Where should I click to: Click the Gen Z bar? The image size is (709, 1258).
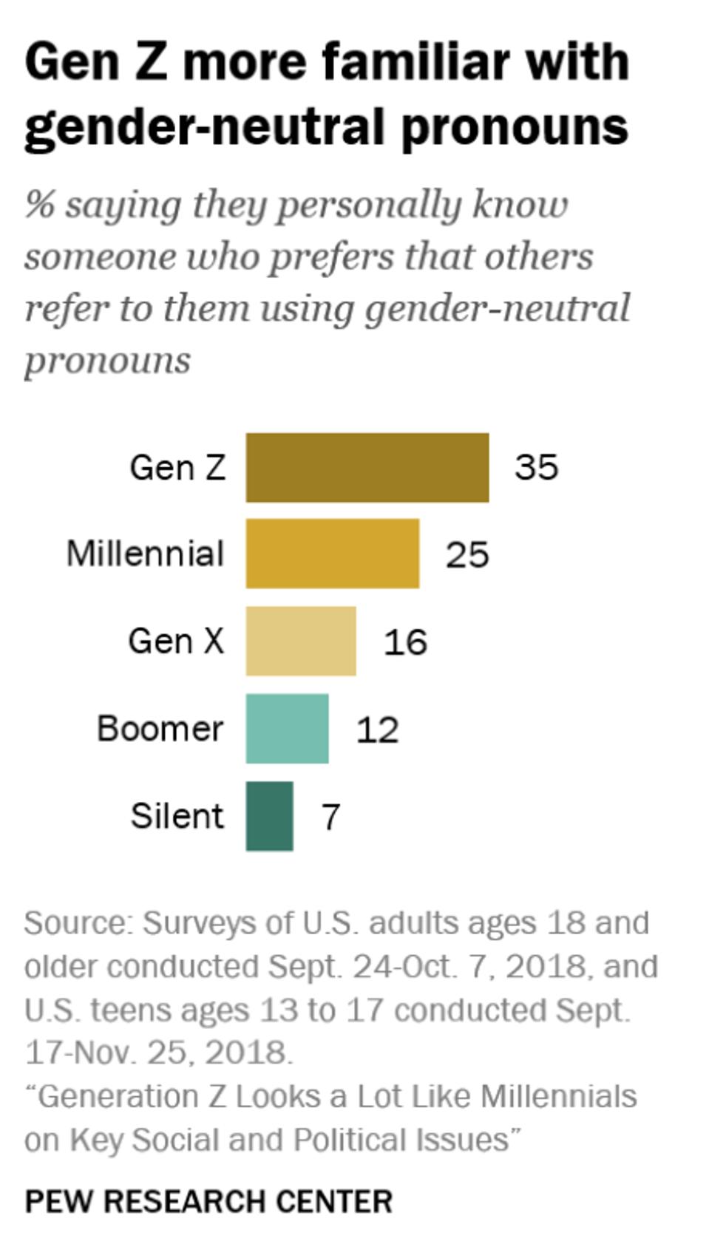click(x=367, y=467)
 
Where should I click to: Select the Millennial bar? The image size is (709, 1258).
click(x=332, y=554)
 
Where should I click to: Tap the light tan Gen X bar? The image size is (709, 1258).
click(x=300, y=641)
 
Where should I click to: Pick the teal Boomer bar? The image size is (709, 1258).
click(x=287, y=728)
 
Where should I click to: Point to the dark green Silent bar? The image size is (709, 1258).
click(x=269, y=816)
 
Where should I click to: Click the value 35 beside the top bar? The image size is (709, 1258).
click(x=536, y=467)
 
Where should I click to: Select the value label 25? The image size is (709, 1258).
click(x=467, y=554)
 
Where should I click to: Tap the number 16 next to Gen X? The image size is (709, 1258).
click(x=404, y=642)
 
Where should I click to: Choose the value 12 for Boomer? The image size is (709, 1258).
click(x=377, y=730)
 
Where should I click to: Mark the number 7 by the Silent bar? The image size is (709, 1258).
click(x=330, y=817)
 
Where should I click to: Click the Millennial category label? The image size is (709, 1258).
click(x=145, y=554)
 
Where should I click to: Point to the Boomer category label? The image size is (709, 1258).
click(x=160, y=729)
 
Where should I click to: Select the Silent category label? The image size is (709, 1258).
click(x=177, y=816)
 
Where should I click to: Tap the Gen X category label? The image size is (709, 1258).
click(x=176, y=641)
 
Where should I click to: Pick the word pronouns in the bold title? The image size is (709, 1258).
click(x=515, y=127)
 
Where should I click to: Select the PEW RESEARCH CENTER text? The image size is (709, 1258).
click(x=208, y=1201)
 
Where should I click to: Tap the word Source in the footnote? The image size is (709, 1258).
click(x=77, y=923)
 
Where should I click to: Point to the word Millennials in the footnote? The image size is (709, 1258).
click(x=558, y=1096)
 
